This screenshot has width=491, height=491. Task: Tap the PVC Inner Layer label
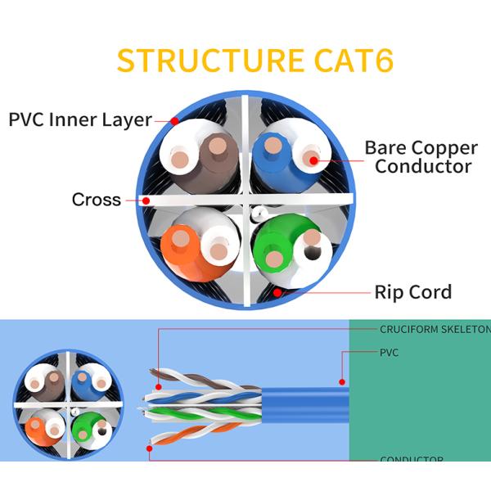pyautogui.click(x=79, y=119)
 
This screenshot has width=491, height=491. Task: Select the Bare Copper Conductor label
pyautogui.click(x=421, y=157)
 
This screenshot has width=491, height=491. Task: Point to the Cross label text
pyautogui.click(x=96, y=200)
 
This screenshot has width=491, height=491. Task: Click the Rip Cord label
pyautogui.click(x=412, y=292)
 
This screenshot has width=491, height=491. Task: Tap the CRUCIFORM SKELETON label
pyautogui.click(x=434, y=330)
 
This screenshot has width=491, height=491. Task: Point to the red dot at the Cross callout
pyautogui.click(x=146, y=200)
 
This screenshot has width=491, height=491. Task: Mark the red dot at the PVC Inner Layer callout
pyautogui.click(x=175, y=121)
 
